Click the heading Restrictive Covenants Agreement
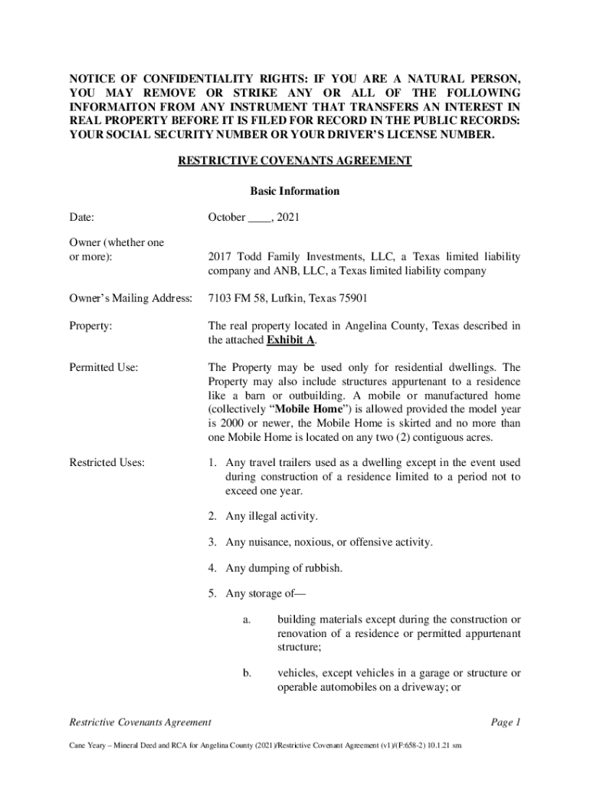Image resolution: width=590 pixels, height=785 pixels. tap(295, 160)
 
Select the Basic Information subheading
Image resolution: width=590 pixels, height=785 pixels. tap(295, 191)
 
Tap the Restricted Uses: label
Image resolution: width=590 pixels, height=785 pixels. tap(107, 462)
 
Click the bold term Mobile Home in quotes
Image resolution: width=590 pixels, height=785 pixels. tap(290, 409)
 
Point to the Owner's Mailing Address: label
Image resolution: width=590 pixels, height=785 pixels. tap(130, 297)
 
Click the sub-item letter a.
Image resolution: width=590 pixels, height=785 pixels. tap(247, 619)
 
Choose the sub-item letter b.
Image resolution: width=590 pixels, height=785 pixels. tap(247, 673)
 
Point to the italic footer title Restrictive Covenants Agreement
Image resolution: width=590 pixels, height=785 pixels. tap(140, 722)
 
